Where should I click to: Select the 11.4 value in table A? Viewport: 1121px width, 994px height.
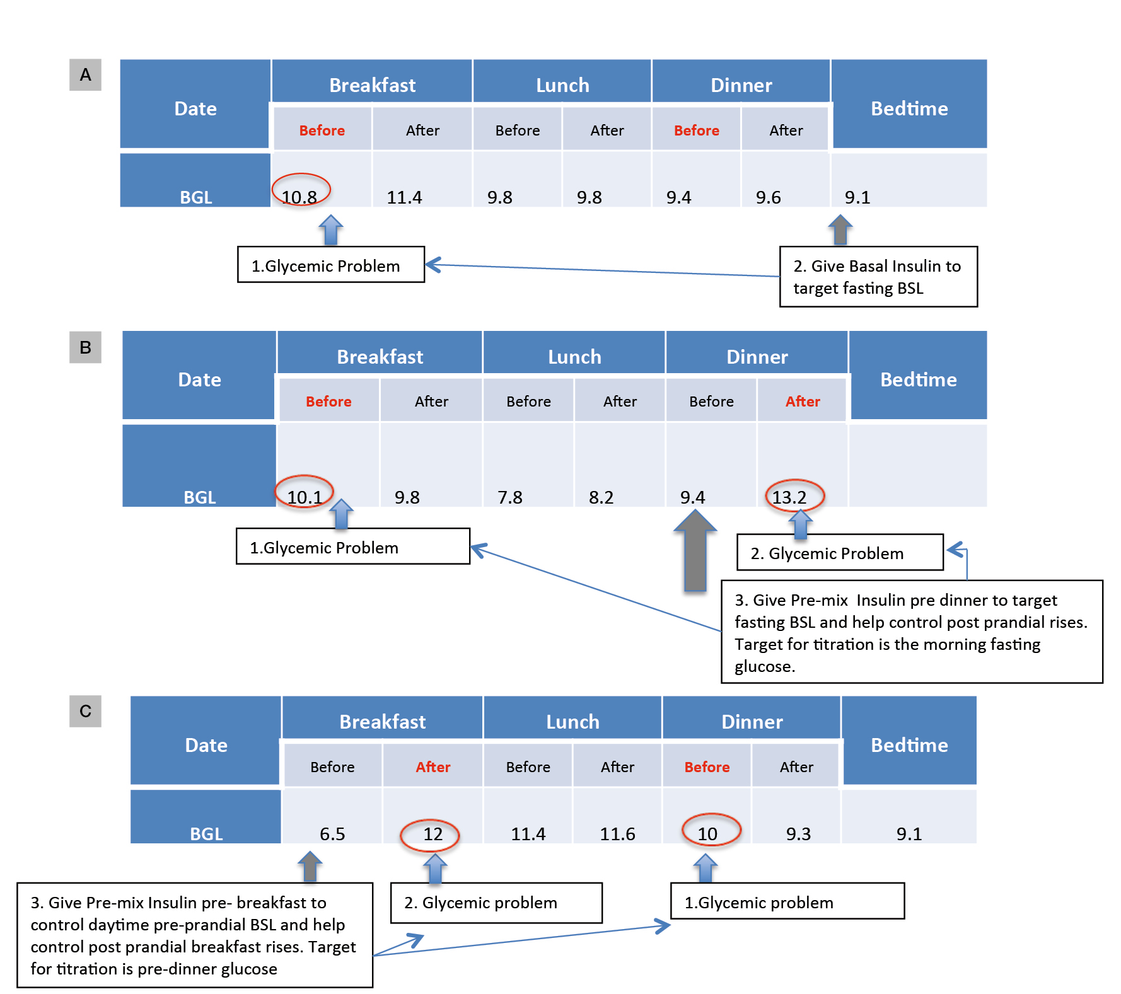[404, 197]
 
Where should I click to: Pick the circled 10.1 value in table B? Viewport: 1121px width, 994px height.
[304, 496]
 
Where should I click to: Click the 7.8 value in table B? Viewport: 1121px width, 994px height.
[509, 497]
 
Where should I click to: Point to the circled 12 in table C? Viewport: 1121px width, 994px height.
[432, 834]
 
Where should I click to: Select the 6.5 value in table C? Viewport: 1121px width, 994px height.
[332, 834]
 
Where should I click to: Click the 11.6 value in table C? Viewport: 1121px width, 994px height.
[617, 834]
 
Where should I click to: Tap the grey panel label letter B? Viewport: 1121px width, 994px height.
[85, 347]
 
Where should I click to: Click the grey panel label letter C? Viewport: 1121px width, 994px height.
[85, 711]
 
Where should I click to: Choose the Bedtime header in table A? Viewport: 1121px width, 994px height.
[909, 108]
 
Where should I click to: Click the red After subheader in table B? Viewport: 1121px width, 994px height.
[802, 402]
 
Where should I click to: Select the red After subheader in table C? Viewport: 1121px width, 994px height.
[433, 767]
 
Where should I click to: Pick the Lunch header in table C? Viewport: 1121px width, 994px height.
[572, 722]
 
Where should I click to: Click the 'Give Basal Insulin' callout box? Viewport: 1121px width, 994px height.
[878, 277]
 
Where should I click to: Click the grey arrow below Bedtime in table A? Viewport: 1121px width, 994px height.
[840, 230]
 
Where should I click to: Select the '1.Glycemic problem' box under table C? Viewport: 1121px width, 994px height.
[787, 902]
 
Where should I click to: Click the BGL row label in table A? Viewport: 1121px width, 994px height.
[195, 197]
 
